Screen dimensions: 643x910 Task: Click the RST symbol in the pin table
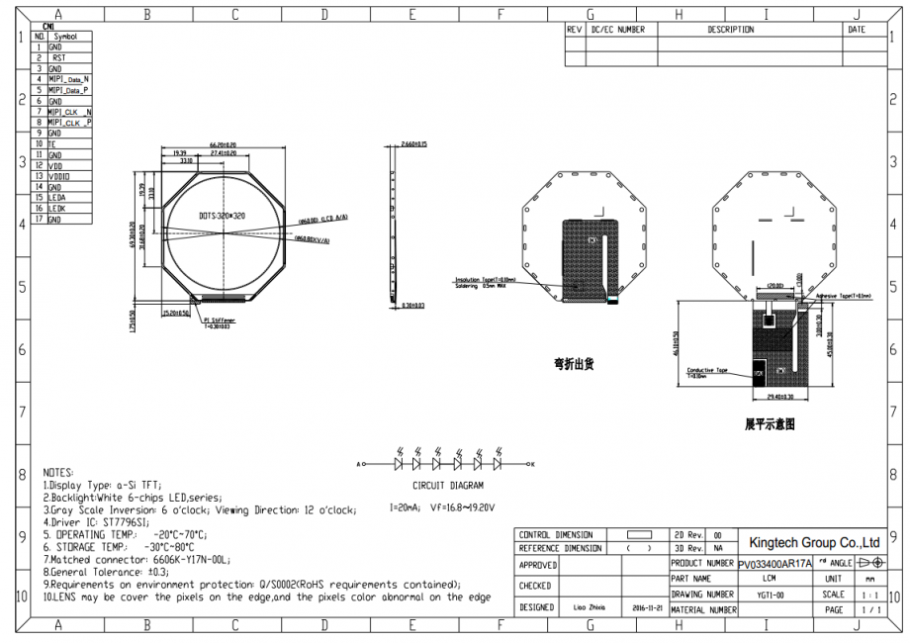pyautogui.click(x=58, y=57)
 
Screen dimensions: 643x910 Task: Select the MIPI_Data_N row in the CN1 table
pyautogui.click(x=68, y=79)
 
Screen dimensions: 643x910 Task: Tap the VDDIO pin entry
pyautogui.click(x=59, y=176)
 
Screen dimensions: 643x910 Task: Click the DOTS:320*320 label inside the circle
pyautogui.click(x=222, y=215)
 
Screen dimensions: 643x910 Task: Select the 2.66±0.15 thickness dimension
pyautogui.click(x=414, y=144)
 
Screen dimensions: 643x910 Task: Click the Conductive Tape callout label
pyautogui.click(x=707, y=371)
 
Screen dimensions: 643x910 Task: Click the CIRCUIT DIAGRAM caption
pyautogui.click(x=448, y=486)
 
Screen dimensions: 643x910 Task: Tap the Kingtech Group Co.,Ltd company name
pyautogui.click(x=814, y=542)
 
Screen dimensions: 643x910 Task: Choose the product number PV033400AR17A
pyautogui.click(x=774, y=563)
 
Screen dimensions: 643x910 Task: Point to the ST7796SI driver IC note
pyautogui.click(x=96, y=521)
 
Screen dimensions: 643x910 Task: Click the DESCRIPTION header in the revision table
pyautogui.click(x=730, y=30)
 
